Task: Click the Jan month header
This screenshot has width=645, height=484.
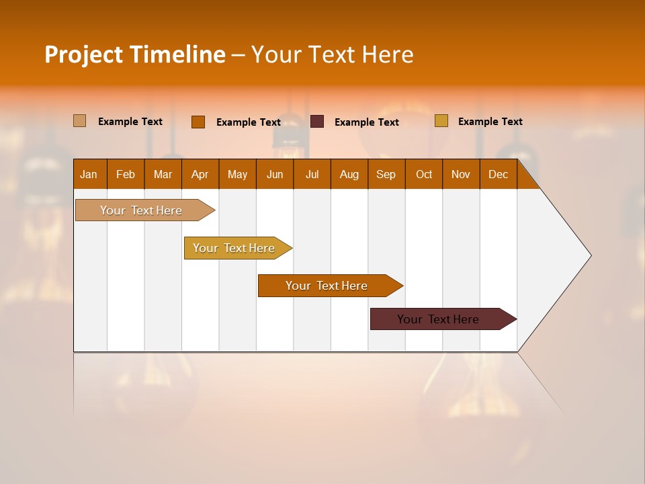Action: click(89, 174)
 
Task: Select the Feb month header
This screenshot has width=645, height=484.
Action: click(126, 174)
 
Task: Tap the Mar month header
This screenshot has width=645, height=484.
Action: click(163, 174)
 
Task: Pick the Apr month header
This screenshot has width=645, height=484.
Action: click(200, 174)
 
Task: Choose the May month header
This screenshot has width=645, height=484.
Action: click(237, 174)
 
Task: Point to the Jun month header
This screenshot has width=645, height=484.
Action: click(275, 174)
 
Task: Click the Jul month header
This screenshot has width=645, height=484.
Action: click(312, 174)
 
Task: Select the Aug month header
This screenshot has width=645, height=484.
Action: click(349, 174)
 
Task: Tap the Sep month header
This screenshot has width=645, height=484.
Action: click(386, 174)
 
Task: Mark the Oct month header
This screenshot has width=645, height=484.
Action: click(424, 174)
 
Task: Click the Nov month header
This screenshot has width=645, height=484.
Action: click(461, 174)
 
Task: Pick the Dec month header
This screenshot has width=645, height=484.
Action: click(499, 174)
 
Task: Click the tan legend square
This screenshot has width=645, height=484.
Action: click(80, 121)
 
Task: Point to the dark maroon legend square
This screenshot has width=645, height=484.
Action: click(317, 122)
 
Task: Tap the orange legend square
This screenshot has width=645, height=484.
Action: click(198, 122)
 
